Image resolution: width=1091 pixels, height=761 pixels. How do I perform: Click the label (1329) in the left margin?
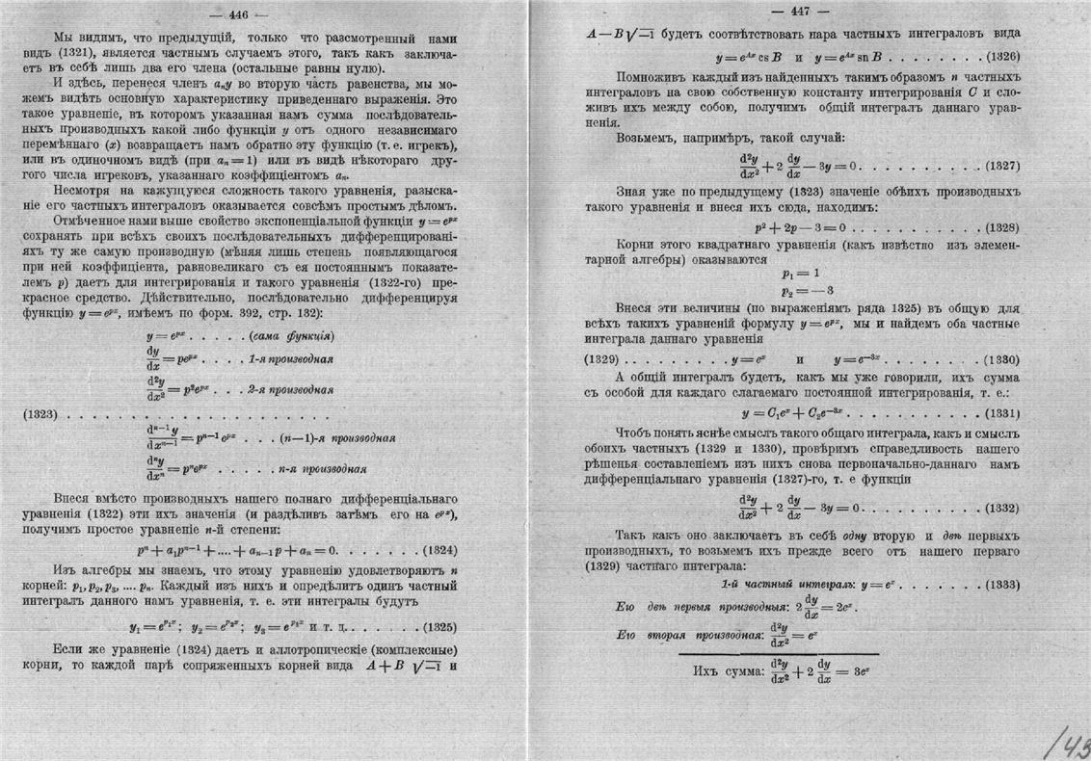[603, 358]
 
